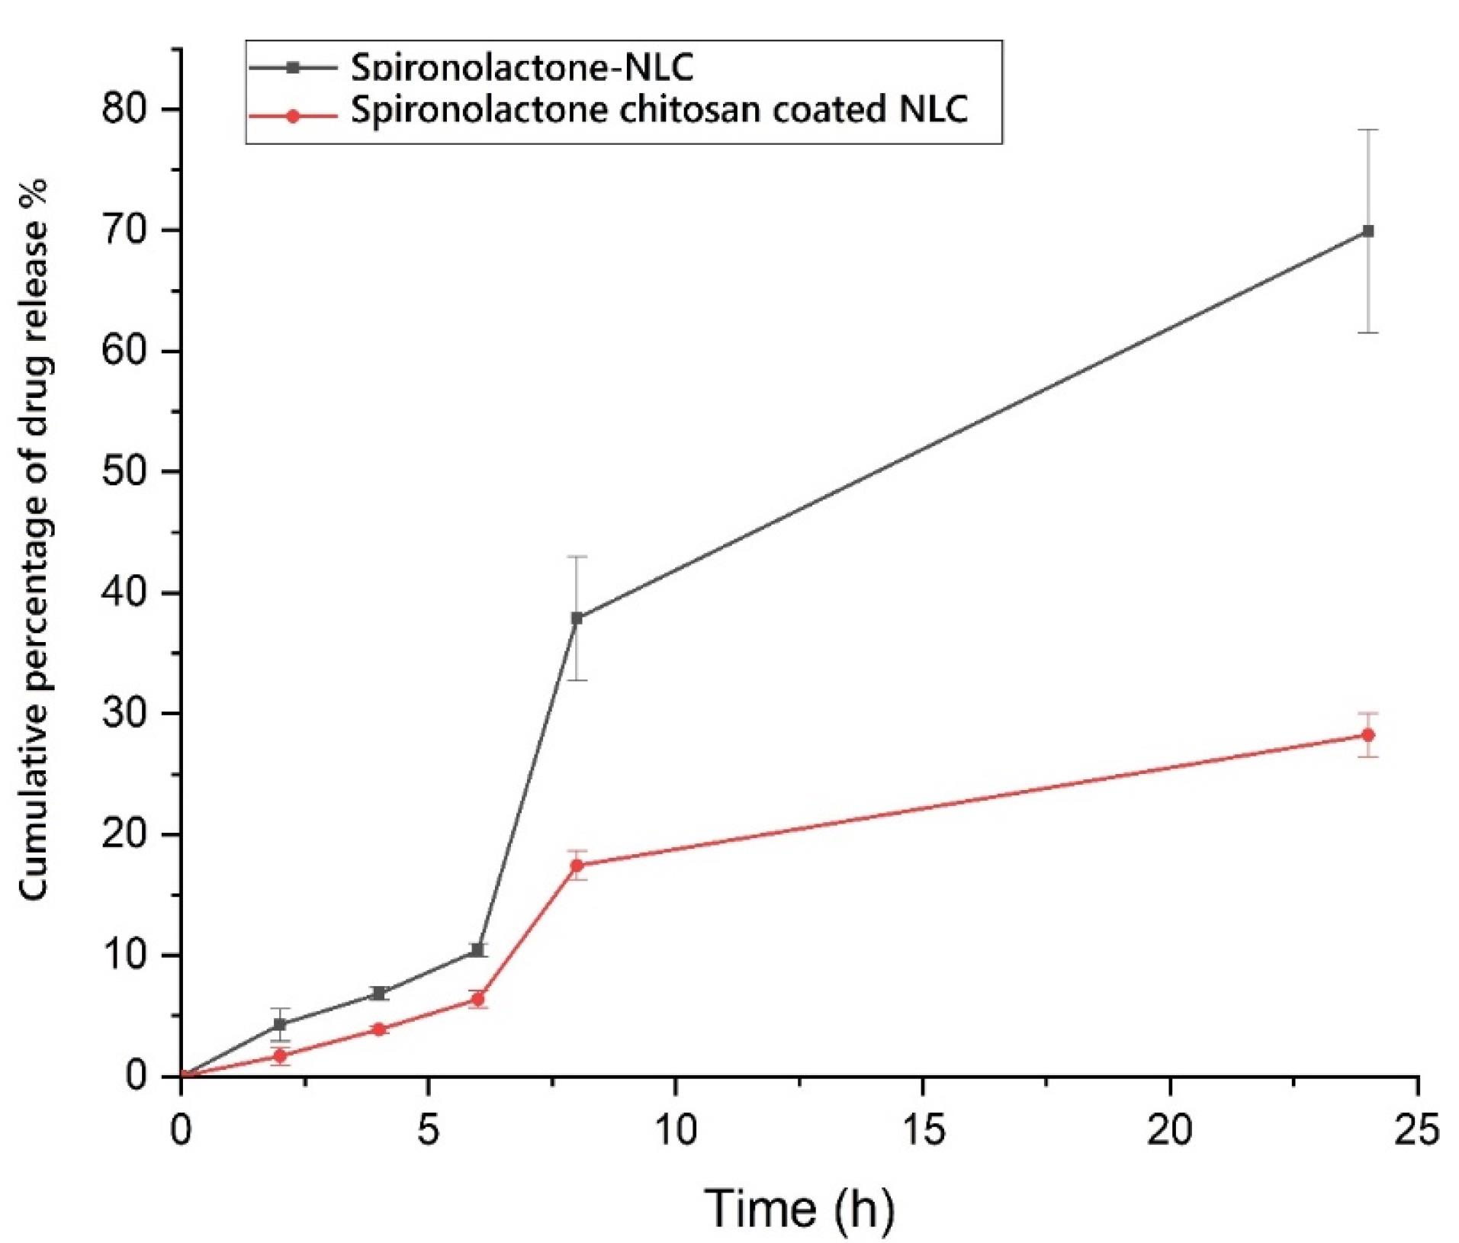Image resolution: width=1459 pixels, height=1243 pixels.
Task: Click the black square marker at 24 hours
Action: [1367, 231]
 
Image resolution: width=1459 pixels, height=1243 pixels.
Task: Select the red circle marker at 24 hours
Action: [1367, 735]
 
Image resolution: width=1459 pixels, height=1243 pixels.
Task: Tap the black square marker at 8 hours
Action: [577, 618]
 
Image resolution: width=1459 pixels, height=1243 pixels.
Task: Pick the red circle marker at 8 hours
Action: [577, 865]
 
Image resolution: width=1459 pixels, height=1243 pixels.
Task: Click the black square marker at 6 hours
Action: [477, 950]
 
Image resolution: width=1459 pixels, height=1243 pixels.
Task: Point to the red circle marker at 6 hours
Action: [477, 999]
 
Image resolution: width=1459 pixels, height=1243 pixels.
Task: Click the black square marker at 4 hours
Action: [378, 993]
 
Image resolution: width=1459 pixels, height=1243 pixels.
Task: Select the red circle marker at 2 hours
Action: [280, 1056]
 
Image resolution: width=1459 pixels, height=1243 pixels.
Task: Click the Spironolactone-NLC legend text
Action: [522, 68]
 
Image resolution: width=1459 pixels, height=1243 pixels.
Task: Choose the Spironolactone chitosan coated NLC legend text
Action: [659, 110]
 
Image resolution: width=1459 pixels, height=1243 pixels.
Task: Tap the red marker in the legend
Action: [292, 117]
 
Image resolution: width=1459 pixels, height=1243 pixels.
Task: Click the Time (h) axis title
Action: [799, 1208]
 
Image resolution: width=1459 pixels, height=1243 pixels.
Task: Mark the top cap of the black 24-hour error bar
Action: [1367, 130]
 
